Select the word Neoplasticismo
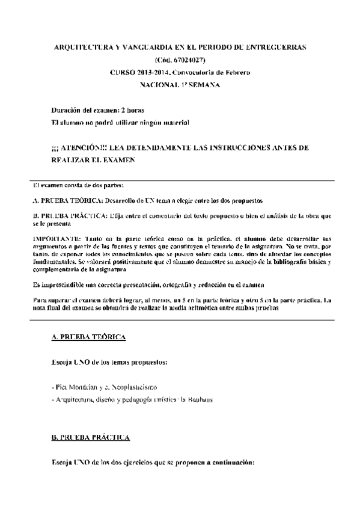[130, 387]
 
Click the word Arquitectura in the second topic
[73, 399]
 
